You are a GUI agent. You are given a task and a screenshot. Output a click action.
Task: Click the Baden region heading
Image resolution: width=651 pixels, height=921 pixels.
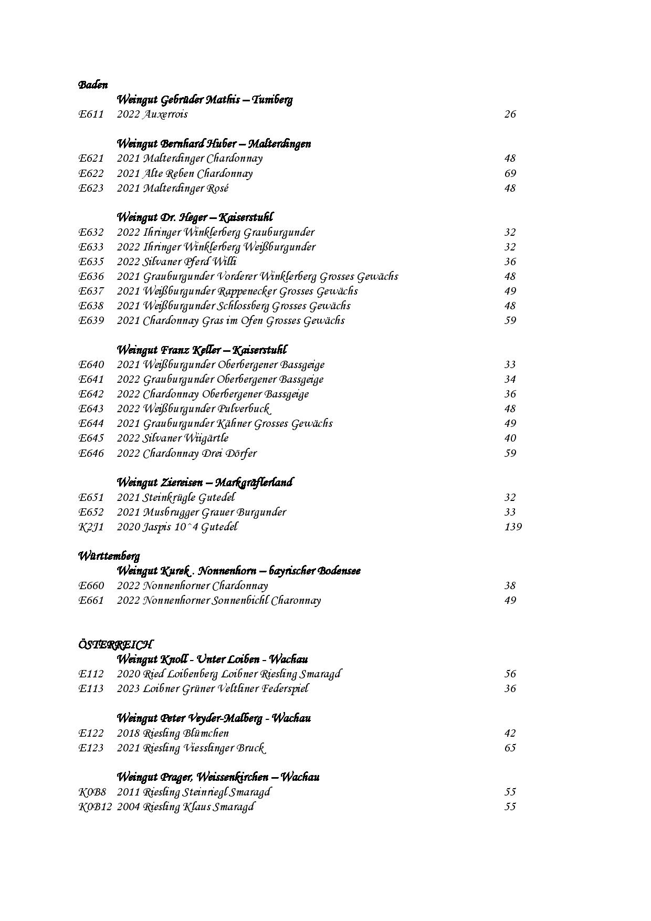(x=93, y=85)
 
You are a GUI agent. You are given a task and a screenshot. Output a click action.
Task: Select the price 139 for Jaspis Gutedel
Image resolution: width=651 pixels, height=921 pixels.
(x=512, y=527)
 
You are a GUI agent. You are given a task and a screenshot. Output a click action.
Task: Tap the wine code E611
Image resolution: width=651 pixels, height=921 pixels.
(x=91, y=114)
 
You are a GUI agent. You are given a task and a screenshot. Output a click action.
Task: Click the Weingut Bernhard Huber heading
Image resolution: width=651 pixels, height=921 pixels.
(x=213, y=144)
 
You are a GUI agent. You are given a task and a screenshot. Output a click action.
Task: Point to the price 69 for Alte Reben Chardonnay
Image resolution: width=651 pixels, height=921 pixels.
(x=510, y=173)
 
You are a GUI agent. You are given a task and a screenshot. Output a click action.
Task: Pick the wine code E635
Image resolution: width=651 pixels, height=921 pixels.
(x=91, y=261)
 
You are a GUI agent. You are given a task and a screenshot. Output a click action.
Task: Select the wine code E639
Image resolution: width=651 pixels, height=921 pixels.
(x=91, y=320)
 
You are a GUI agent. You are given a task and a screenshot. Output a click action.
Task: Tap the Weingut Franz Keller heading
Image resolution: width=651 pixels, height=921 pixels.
(x=202, y=350)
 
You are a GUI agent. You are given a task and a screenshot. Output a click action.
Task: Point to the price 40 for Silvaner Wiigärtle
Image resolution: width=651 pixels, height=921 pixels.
(x=510, y=438)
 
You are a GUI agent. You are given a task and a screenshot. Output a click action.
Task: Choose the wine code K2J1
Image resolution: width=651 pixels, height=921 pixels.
(x=91, y=527)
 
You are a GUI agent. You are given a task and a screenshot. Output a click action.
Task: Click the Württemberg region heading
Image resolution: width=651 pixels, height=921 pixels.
(x=109, y=556)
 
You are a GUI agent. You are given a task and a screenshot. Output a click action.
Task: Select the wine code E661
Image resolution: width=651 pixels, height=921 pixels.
(x=91, y=600)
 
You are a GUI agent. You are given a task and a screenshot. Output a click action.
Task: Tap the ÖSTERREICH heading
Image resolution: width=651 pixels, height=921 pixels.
(x=115, y=644)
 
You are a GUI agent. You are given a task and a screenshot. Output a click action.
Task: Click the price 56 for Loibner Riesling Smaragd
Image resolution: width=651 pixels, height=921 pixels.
(x=510, y=674)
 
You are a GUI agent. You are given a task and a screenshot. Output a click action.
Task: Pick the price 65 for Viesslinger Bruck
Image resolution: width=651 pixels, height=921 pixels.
(x=510, y=748)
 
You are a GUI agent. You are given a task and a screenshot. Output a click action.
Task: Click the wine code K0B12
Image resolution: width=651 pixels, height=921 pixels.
(x=95, y=807)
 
